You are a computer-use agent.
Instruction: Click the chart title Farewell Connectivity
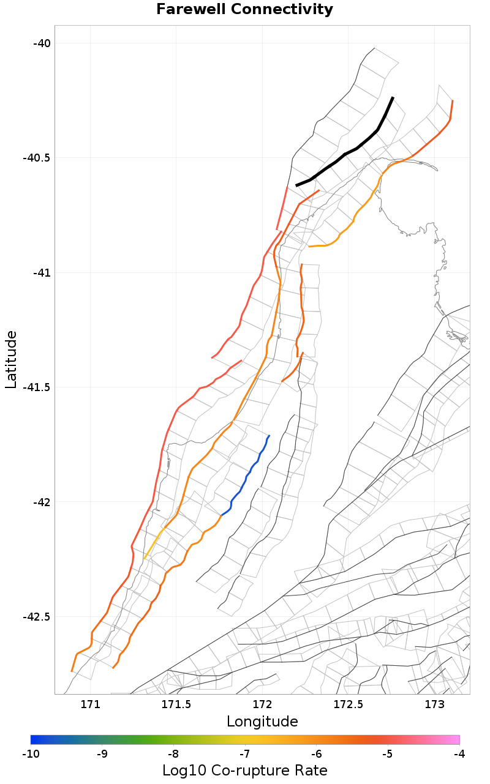point(245,10)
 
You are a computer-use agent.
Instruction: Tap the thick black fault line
point(346,154)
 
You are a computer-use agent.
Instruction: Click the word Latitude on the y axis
point(11,359)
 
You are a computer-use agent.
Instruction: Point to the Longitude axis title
point(262,722)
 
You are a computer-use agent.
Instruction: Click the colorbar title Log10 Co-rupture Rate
point(245,770)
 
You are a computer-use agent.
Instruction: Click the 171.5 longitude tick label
point(176,704)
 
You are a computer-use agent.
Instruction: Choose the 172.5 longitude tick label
point(348,704)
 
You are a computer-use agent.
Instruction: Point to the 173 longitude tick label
point(434,704)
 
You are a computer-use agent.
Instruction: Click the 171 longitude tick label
point(90,704)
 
